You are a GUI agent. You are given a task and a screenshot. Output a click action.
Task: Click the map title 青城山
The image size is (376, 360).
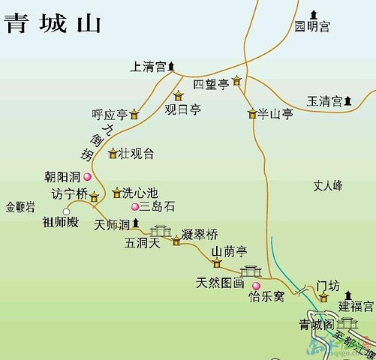coord(53,23)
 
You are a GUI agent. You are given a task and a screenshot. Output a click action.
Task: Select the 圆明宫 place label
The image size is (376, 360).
coord(311,27)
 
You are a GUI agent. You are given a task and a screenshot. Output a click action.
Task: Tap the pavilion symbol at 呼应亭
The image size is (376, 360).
coord(134,115)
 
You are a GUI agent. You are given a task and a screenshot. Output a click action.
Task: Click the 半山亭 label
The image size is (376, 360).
coord(274,114)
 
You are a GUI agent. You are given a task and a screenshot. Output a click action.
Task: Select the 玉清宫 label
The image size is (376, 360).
coord(324,100)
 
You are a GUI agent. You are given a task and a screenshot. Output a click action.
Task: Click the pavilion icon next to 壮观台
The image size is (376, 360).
coord(113,154)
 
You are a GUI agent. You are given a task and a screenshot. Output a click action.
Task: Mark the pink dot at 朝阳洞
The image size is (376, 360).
coord(87,177)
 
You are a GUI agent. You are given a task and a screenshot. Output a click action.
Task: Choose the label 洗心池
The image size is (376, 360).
coord(140,193)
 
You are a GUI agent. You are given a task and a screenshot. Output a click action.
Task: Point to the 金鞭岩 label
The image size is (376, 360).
coord(20,207)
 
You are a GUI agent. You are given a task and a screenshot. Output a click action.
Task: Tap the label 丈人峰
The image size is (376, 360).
coord(328,184)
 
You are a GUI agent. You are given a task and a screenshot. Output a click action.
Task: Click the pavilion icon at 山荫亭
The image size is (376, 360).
coord(217,263)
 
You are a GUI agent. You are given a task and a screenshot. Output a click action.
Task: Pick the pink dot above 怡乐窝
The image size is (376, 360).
coord(256,286)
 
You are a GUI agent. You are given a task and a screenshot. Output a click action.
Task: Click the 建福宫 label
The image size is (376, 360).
coord(354,306)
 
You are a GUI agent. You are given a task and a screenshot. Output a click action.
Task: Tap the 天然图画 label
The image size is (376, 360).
coord(220,283)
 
